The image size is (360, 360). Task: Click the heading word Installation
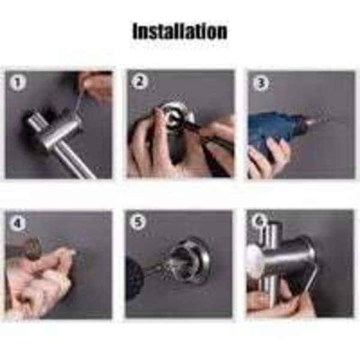pyautogui.click(x=180, y=31)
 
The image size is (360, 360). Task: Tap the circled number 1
pyautogui.click(x=17, y=83)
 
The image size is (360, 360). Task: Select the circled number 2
pyautogui.click(x=139, y=82)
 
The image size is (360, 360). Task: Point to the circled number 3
pyautogui.click(x=261, y=83)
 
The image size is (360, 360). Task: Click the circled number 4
pyautogui.click(x=17, y=223)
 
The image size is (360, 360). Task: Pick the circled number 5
pyautogui.click(x=137, y=222)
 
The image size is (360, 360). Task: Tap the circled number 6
pyautogui.click(x=259, y=221)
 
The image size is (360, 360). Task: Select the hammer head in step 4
pyautogui.click(x=34, y=248)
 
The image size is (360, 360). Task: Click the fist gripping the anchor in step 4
pyautogui.click(x=39, y=283)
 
